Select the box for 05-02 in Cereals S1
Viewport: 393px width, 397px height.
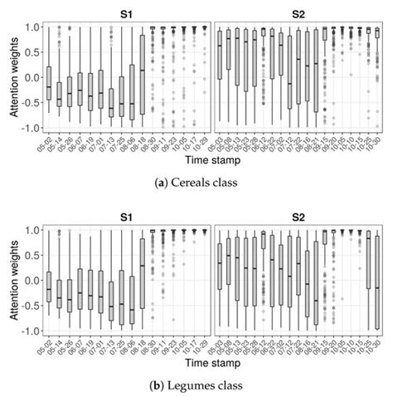(x=49, y=83)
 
